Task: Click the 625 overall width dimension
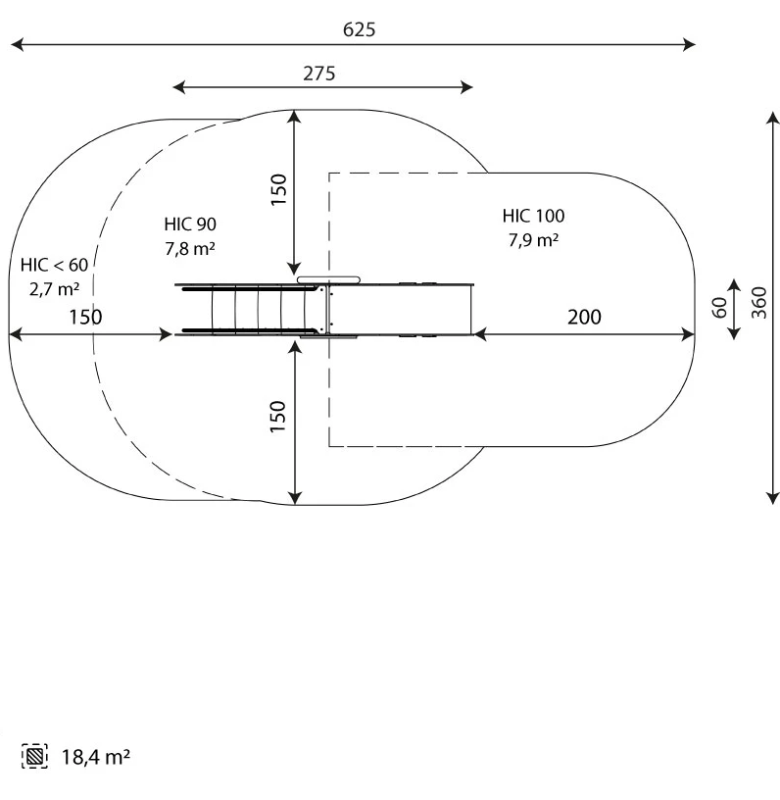pyautogui.click(x=359, y=29)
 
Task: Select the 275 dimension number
pyautogui.click(x=319, y=74)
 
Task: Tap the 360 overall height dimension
pyautogui.click(x=759, y=303)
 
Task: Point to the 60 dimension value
pyautogui.click(x=719, y=307)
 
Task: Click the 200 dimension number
pyautogui.click(x=584, y=317)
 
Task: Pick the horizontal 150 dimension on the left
pyautogui.click(x=85, y=317)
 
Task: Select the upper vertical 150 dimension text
pyautogui.click(x=279, y=190)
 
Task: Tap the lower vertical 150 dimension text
pyautogui.click(x=278, y=417)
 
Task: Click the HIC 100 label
pyautogui.click(x=533, y=216)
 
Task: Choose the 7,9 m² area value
pyautogui.click(x=533, y=240)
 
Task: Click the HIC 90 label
pyautogui.click(x=190, y=224)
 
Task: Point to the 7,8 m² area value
pyautogui.click(x=190, y=248)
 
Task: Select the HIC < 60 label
pyautogui.click(x=54, y=265)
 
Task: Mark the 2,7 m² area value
pyautogui.click(x=54, y=289)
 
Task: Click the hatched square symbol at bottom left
pyautogui.click(x=34, y=756)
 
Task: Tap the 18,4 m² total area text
pyautogui.click(x=96, y=757)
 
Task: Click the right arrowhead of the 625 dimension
pyautogui.click(x=690, y=44)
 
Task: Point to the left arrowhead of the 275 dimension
pyautogui.click(x=179, y=87)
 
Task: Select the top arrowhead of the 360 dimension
pyautogui.click(x=773, y=118)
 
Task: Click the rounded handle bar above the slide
pyautogui.click(x=329, y=280)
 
